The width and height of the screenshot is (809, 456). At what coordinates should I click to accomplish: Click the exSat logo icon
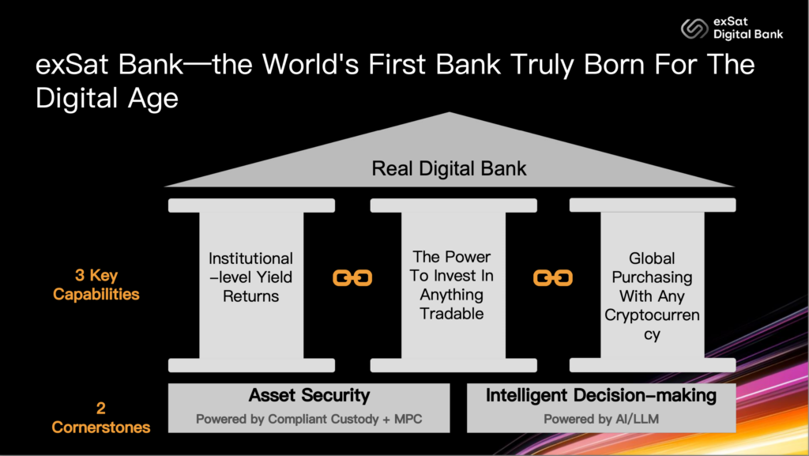tap(694, 28)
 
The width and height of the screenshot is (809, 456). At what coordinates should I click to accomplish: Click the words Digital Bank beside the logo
tap(748, 35)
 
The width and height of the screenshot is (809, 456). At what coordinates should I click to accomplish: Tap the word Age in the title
tap(152, 99)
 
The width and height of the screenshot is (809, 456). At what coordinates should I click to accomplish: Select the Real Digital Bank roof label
tap(449, 168)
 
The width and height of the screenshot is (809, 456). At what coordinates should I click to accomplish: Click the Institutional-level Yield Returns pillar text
tap(250, 277)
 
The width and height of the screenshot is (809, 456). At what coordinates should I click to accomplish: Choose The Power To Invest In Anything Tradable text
tap(451, 285)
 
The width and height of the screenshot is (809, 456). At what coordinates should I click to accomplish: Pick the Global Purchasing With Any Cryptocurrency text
tap(652, 296)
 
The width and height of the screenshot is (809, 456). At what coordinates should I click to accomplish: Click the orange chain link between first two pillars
tap(352, 278)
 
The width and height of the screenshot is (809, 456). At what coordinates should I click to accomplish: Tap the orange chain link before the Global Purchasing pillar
tap(552, 278)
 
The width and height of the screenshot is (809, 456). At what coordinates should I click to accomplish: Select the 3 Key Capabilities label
tap(96, 285)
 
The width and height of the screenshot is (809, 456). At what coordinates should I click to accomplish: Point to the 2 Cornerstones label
tap(100, 418)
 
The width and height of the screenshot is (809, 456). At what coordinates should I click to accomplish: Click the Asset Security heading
tap(309, 395)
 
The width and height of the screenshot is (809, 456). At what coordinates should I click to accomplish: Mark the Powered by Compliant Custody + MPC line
tap(309, 419)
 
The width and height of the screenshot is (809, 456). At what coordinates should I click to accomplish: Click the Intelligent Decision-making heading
tap(601, 395)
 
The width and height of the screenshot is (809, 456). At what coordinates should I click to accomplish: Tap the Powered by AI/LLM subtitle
tap(601, 419)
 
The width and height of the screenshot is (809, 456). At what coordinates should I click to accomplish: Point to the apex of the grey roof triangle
tap(450, 112)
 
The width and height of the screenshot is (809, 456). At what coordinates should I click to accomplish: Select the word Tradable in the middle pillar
tap(451, 314)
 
